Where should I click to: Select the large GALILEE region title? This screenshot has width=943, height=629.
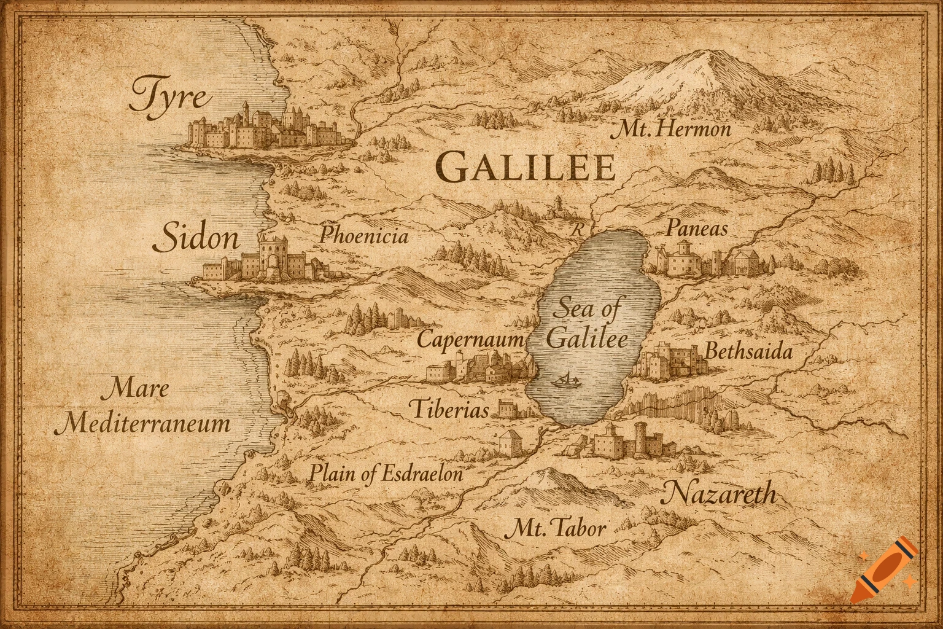coord(526,168)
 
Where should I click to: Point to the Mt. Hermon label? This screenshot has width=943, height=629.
coord(673,130)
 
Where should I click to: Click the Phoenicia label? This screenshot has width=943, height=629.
coord(363,236)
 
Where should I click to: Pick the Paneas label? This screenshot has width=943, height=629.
coord(696,229)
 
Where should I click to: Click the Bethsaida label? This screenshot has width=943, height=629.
coord(748,352)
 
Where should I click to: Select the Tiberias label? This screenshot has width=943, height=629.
coord(449,410)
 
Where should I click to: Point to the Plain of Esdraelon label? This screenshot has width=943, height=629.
coord(386,474)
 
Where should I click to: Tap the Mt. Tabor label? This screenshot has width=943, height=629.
coord(558,528)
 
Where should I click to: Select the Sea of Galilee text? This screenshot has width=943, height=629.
coord(586,324)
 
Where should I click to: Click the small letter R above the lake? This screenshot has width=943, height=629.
coord(575,231)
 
